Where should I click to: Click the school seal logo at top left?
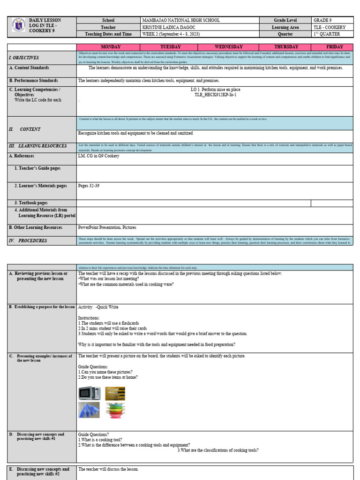coord(18,27)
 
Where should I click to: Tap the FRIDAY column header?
coord(335,47)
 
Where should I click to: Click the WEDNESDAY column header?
coord(228,47)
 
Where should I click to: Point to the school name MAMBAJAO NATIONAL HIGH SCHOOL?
coord(180,21)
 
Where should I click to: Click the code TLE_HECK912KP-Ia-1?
coord(215,95)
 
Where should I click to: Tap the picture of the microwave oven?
coord(89,393)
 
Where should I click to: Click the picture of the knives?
coord(115,393)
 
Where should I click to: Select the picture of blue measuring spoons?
coord(89,410)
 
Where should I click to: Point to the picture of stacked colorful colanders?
coord(115,410)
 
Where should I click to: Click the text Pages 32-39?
coord(89,186)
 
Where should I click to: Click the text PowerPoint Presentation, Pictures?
coord(107,227)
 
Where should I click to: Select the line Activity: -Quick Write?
coord(98,307)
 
